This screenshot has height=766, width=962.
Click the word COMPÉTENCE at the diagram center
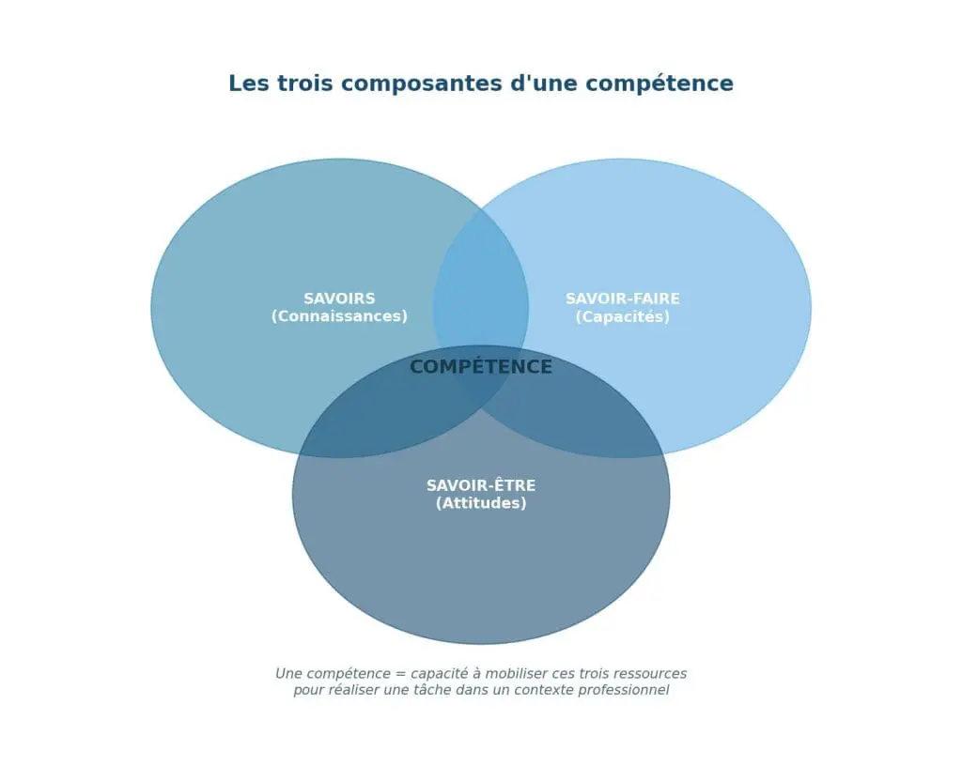click(481, 367)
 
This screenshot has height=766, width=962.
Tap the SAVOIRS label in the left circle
click(339, 299)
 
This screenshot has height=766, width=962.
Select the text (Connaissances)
click(339, 316)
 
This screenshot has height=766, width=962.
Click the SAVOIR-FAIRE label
click(622, 299)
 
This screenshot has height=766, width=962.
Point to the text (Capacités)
click(622, 316)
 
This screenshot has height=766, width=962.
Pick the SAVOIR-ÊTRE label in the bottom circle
click(481, 485)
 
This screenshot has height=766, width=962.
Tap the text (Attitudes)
click(481, 503)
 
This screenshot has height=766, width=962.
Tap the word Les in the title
click(248, 84)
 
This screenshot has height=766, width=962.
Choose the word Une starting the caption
click(291, 674)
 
